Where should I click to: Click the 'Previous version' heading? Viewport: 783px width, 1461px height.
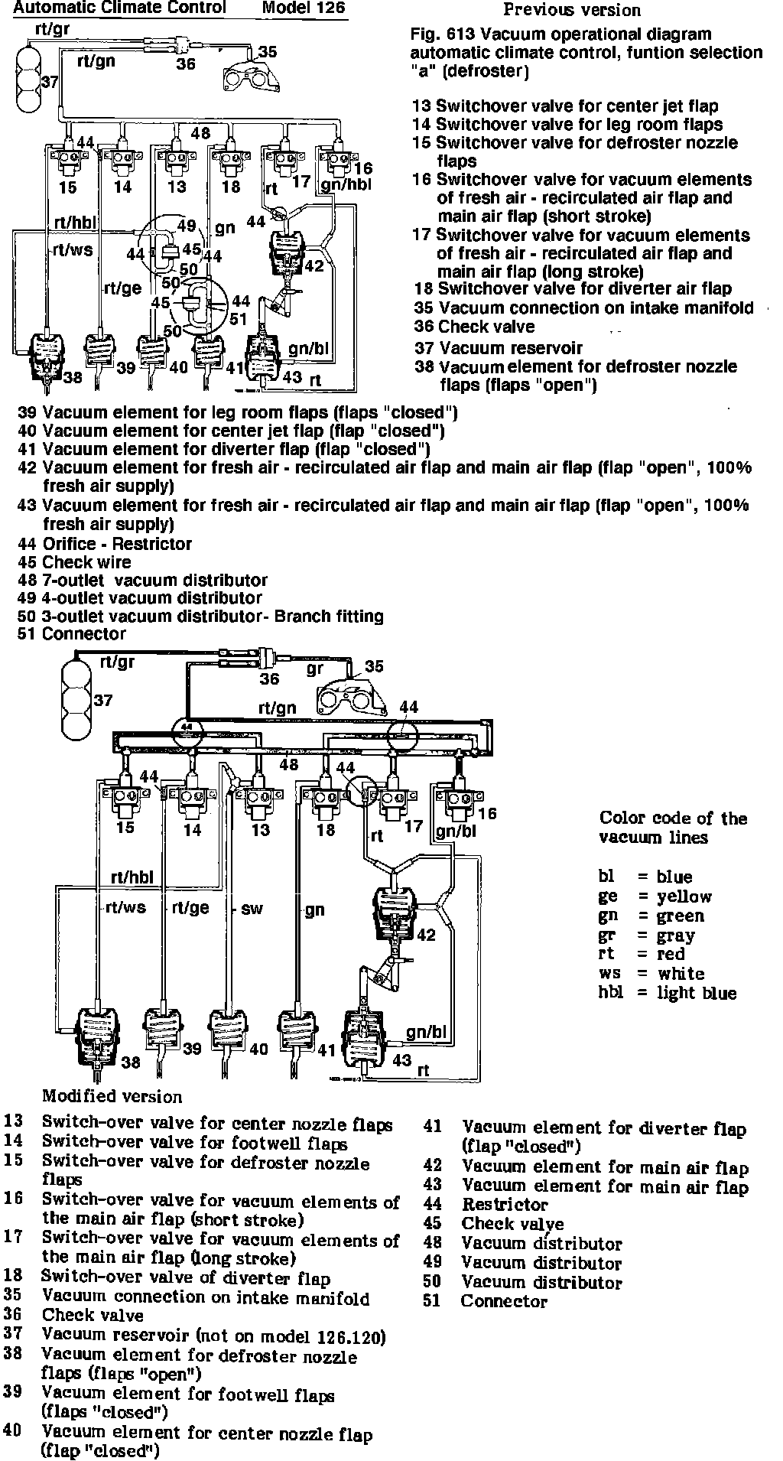tap(572, 10)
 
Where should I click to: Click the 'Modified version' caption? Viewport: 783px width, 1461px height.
tap(112, 1096)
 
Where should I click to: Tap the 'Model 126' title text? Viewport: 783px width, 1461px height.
tap(303, 8)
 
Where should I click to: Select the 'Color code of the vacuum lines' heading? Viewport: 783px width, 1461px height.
tap(673, 828)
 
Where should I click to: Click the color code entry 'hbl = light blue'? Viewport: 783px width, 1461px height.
tap(667, 993)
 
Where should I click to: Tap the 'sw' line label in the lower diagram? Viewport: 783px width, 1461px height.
tap(252, 909)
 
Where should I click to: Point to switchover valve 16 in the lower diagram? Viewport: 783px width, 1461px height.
tap(460, 803)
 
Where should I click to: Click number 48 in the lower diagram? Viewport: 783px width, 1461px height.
tap(288, 763)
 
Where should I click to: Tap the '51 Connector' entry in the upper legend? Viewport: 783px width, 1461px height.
tap(73, 634)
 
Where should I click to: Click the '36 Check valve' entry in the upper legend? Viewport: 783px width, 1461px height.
tap(474, 327)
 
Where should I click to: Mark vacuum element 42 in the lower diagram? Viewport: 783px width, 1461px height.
tap(393, 913)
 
